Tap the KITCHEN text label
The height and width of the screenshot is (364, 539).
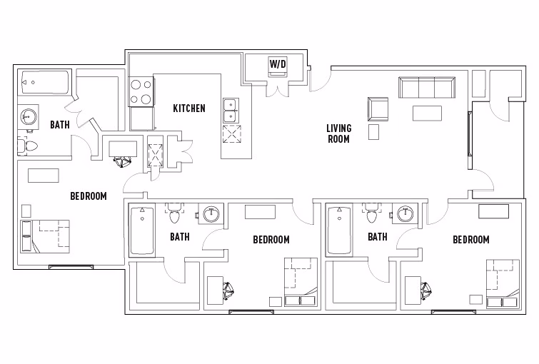pyautogui.click(x=189, y=108)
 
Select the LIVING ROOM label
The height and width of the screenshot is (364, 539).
pyautogui.click(x=338, y=133)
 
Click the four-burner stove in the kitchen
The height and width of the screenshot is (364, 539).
pyautogui.click(x=141, y=91)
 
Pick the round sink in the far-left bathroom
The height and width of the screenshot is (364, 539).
pyautogui.click(x=29, y=117)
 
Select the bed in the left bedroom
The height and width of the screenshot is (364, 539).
pyautogui.click(x=45, y=236)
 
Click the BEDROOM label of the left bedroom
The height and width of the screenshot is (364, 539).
pyautogui.click(x=88, y=196)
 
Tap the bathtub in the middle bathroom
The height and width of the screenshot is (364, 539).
pyautogui.click(x=143, y=231)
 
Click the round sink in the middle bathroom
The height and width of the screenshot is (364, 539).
pyautogui.click(x=211, y=214)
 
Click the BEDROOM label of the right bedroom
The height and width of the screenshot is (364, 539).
pyautogui.click(x=471, y=240)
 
